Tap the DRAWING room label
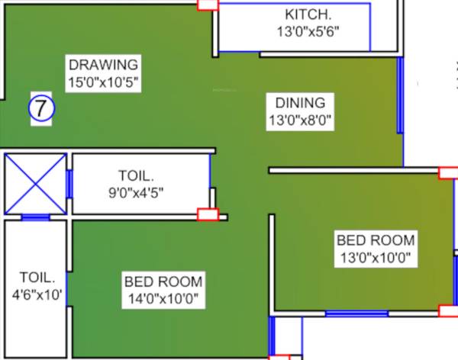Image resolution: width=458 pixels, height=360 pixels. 102,64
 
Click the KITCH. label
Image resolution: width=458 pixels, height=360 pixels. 308,15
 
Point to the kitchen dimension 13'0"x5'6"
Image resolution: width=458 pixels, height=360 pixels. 308,32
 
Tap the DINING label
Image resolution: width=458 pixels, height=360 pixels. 300,102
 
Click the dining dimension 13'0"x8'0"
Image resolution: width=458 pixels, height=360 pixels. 300,119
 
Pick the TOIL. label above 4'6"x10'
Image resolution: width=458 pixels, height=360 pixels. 37,277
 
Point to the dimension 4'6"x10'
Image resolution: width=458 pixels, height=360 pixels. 37,294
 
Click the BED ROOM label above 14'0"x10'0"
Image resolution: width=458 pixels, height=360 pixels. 163,281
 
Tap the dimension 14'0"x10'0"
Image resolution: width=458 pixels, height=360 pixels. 163,299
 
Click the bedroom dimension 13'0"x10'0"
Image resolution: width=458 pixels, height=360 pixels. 376,258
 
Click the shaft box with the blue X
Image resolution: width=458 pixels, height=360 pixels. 35,184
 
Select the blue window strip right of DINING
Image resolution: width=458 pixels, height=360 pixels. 399,95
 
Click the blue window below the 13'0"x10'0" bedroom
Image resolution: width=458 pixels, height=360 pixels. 356,313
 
